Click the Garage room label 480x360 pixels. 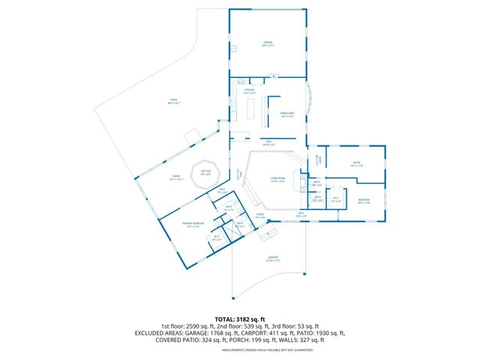point(267,44)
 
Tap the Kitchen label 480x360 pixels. point(249,92)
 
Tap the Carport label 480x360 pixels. point(273,259)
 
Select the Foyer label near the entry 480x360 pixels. point(260,217)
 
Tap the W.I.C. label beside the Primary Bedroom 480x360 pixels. point(217,238)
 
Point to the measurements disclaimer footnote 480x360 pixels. point(267,349)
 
